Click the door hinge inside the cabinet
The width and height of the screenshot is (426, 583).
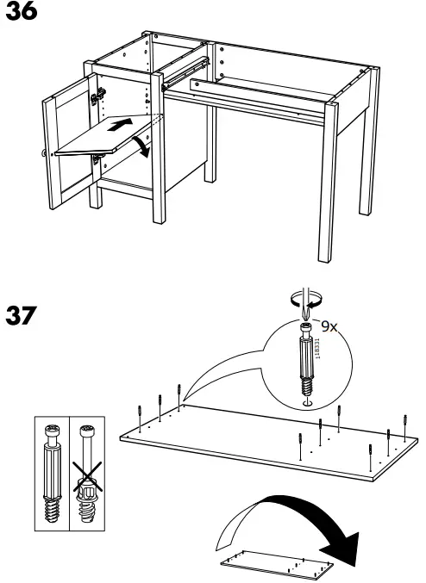[x=98, y=92]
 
